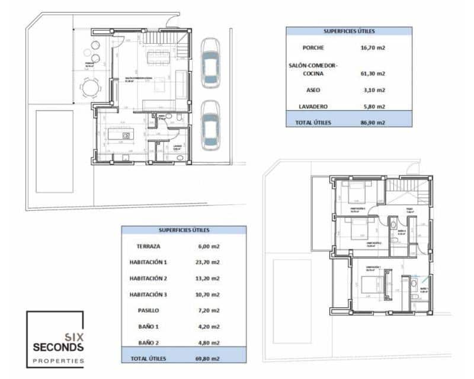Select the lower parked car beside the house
coord(210,126)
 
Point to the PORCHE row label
coord(313,48)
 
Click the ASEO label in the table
coord(313,90)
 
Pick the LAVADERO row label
coord(313,107)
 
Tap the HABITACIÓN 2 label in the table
coord(149,278)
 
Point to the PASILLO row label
coord(149,310)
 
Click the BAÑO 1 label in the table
coord(149,326)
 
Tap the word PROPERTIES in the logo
coord(58,361)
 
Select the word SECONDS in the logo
coord(58,347)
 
